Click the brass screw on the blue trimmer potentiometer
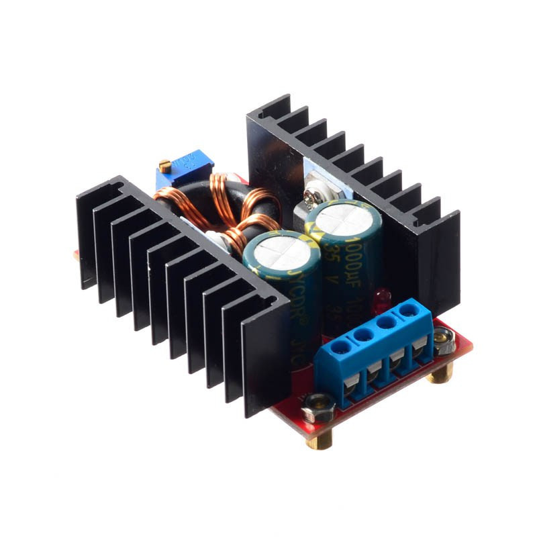tap(164, 164)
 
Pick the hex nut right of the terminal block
tap(443, 340)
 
